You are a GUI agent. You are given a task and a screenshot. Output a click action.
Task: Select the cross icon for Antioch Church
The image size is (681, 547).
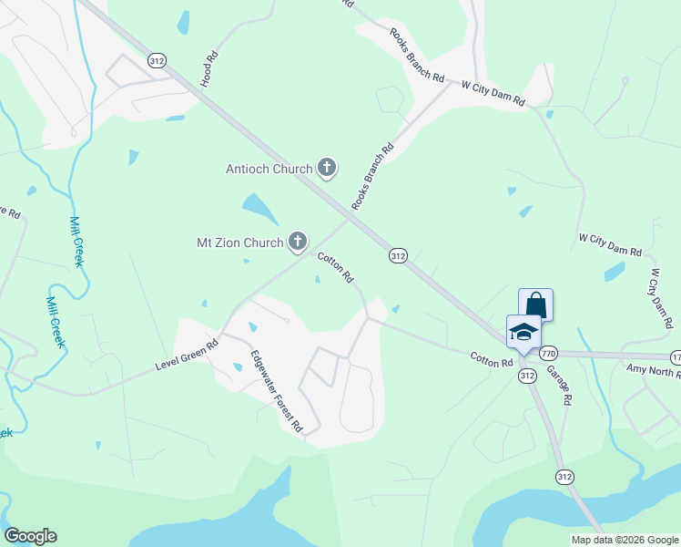pos(327,168)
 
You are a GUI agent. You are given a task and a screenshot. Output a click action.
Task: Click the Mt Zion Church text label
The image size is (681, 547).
pos(240,243)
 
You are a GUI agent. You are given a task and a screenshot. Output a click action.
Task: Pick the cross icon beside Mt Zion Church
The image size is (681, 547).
pos(297,242)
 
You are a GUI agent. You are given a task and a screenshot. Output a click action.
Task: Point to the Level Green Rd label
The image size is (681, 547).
pos(188,357)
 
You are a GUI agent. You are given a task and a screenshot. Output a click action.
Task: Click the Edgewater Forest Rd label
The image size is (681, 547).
pos(277,391)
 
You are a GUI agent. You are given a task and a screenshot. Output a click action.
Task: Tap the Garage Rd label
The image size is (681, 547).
pos(559,386)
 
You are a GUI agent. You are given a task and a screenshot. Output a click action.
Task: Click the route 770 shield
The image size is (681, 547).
pos(548,353)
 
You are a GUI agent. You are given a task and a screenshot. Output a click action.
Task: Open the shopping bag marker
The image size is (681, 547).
pos(535,304)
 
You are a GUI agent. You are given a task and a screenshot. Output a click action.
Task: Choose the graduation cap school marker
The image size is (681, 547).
pos(523,332)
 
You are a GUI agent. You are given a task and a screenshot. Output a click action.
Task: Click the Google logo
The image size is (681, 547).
pos(30,536)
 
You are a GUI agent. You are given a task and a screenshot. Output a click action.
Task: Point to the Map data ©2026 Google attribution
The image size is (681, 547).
pos(625,540)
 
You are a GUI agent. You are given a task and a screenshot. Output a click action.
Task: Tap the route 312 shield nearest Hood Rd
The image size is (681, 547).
pos(158,60)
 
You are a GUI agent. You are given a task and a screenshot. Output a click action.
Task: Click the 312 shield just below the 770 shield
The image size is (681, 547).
pos(527,375)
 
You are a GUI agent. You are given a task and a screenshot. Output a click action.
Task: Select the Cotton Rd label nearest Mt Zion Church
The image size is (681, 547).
pos(334,267)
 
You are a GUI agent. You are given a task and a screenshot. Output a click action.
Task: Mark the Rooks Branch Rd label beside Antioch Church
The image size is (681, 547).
pos(372,177)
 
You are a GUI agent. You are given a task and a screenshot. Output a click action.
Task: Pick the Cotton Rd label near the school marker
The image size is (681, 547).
pos(492,362)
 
